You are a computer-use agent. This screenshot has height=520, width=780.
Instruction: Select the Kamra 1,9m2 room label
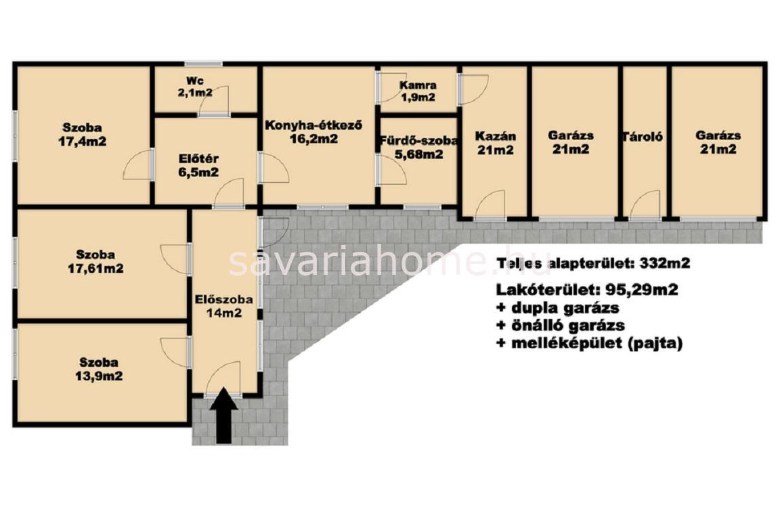click(x=418, y=91)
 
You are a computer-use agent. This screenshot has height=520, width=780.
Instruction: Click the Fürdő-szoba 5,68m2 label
click(x=418, y=148)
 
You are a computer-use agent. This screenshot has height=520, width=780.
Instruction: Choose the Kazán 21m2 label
click(x=496, y=143)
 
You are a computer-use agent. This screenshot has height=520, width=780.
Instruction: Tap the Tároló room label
click(x=642, y=136)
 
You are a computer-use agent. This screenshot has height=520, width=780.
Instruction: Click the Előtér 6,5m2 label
click(x=198, y=166)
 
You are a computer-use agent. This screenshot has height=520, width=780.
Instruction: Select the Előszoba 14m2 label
click(x=224, y=306)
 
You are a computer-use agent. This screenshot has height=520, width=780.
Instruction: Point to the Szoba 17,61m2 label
click(x=95, y=262)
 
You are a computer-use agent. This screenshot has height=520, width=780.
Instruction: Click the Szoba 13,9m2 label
click(x=99, y=369)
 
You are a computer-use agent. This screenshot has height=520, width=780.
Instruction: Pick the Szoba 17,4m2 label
click(x=82, y=134)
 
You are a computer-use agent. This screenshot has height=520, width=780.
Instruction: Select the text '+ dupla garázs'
click(x=558, y=307)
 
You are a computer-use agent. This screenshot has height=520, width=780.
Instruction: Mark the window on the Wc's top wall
click(x=203, y=64)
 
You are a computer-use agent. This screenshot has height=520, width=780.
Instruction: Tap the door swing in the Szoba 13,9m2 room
click(x=175, y=353)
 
